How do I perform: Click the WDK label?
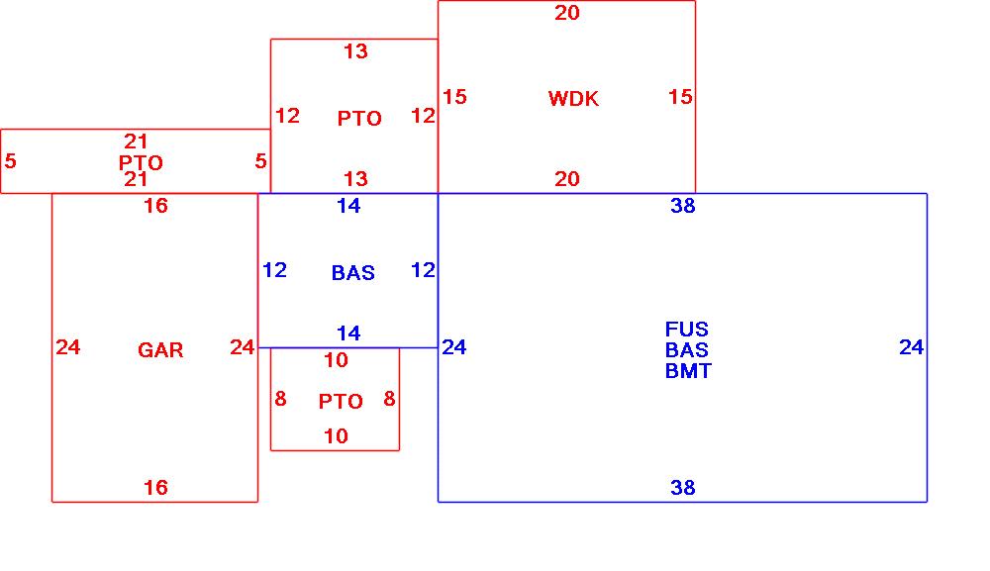573,99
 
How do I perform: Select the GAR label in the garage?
160,350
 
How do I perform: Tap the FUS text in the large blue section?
687,330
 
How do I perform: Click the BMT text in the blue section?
688,371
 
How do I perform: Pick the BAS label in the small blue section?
353,273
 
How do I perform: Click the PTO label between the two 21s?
141,163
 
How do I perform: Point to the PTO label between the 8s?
341,402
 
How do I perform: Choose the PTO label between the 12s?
359,119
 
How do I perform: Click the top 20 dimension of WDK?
567,13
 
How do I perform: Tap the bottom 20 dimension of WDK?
567,179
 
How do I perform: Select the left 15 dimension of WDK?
454,97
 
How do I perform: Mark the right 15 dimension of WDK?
680,97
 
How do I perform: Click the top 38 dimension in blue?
683,206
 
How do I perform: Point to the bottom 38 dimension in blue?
683,488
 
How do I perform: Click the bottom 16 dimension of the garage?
155,488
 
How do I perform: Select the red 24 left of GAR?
67,347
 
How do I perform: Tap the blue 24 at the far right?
912,347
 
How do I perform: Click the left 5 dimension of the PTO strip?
10,161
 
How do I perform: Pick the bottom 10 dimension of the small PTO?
337,436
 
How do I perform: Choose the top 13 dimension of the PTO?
355,51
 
